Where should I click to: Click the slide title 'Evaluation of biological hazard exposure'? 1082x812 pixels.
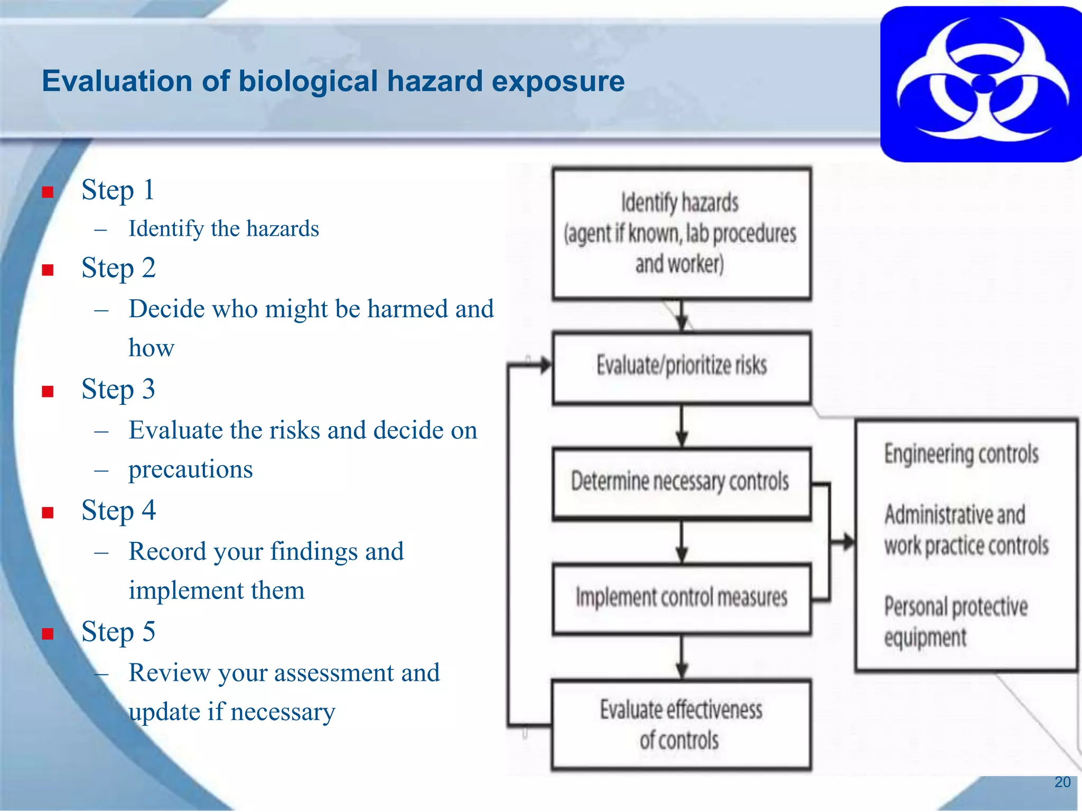click(333, 81)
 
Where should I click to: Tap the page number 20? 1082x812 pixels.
click(1062, 782)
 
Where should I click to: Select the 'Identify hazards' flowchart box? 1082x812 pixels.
click(681, 234)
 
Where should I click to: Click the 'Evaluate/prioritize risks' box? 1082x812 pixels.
click(681, 366)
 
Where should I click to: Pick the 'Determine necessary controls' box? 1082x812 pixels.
click(681, 482)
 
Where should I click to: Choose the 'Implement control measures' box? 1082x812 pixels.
click(681, 598)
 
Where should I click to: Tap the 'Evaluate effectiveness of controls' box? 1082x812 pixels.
click(681, 724)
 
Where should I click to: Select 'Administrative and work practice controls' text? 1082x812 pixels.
click(966, 530)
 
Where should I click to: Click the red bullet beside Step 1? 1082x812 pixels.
click(48, 192)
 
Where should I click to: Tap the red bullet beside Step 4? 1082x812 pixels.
click(48, 512)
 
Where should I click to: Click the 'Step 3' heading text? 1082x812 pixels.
click(118, 390)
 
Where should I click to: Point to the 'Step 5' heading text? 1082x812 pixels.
click(118, 632)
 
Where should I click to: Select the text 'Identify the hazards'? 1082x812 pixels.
click(223, 229)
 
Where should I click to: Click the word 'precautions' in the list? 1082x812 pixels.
click(191, 469)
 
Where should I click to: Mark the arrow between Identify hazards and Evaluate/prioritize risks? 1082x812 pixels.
click(682, 316)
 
